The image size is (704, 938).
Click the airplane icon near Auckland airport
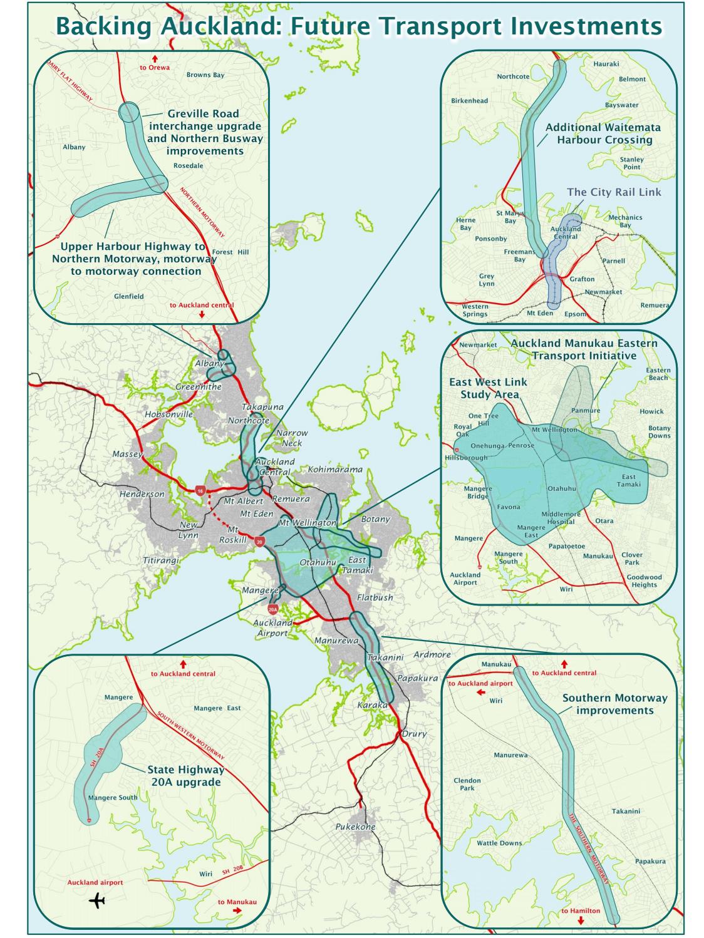[97, 901]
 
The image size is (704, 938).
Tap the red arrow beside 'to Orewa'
[155, 58]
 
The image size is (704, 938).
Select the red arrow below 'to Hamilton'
[581, 921]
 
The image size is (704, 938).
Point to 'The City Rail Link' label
[614, 192]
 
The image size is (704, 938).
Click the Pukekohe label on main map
[355, 827]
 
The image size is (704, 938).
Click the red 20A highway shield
[272, 609]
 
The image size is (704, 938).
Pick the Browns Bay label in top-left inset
[205, 75]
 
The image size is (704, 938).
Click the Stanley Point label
[631, 163]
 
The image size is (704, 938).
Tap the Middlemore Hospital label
[562, 517]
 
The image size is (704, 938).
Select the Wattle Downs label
[499, 843]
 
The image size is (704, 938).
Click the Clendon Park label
[467, 784]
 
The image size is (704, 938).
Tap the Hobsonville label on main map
[168, 415]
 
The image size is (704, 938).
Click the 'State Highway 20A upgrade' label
[185, 776]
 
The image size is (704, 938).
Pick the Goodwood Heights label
[644, 581]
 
